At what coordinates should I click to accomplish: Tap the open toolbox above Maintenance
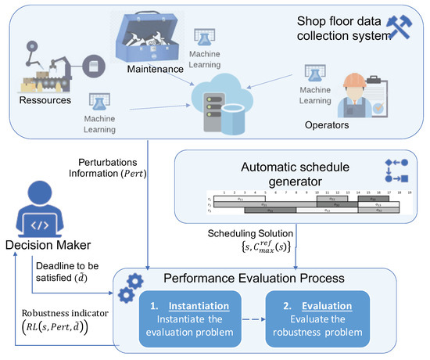point(149,35)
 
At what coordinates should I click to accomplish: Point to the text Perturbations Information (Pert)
point(117,168)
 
